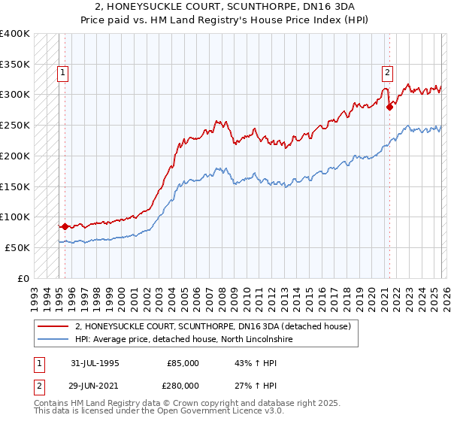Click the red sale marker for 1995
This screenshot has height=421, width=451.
[x=65, y=226]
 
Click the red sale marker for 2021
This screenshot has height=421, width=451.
[x=389, y=107]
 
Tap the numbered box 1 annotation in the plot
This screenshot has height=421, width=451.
[x=62, y=73]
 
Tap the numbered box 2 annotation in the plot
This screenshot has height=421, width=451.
[x=386, y=73]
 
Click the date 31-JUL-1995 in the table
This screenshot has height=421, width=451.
[x=95, y=363]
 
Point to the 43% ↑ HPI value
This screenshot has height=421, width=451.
[x=256, y=363]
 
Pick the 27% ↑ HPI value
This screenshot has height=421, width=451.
[x=256, y=386]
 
